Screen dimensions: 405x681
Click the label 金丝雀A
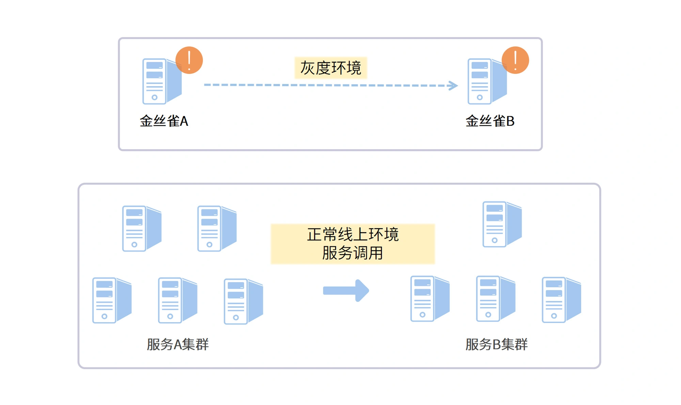[x=164, y=121]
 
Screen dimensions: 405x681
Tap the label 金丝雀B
[x=490, y=121]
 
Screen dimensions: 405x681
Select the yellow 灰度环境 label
[x=331, y=68]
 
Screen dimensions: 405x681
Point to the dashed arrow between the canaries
[x=330, y=85]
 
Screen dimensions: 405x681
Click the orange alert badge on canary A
[x=189, y=60]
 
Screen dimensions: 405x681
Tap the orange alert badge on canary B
[x=515, y=60]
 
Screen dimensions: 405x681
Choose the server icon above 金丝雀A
[x=160, y=82]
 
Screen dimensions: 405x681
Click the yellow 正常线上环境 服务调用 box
[x=353, y=244]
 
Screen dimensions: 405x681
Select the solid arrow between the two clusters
[x=346, y=291]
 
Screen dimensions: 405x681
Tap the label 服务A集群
[x=177, y=344]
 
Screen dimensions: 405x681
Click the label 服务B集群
[x=496, y=344]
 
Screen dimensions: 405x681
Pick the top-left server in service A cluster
[x=141, y=229]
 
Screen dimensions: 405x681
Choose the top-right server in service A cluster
[x=217, y=229]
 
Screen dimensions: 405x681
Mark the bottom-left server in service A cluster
[x=112, y=300]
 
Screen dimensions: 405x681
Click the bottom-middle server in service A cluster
[x=177, y=300]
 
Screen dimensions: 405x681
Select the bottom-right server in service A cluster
[x=243, y=301]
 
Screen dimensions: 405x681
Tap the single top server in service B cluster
[x=502, y=224]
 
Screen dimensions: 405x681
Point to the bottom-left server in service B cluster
[x=430, y=299]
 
